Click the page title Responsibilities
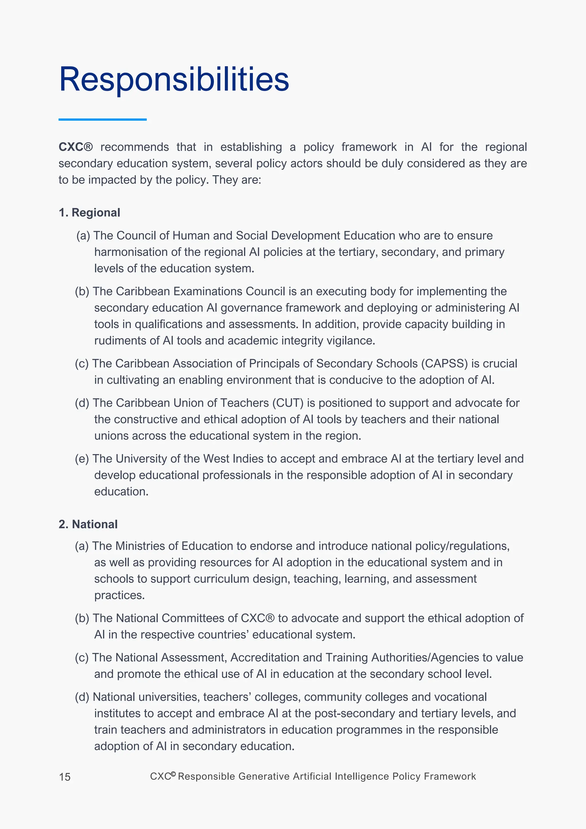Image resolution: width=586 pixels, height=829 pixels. coord(174,79)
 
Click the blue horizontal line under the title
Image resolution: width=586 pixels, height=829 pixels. coord(102,119)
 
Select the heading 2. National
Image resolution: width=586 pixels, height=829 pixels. coord(88,524)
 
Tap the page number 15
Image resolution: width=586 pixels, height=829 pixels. coord(65,777)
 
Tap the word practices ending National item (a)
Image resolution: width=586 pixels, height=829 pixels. coord(119,595)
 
